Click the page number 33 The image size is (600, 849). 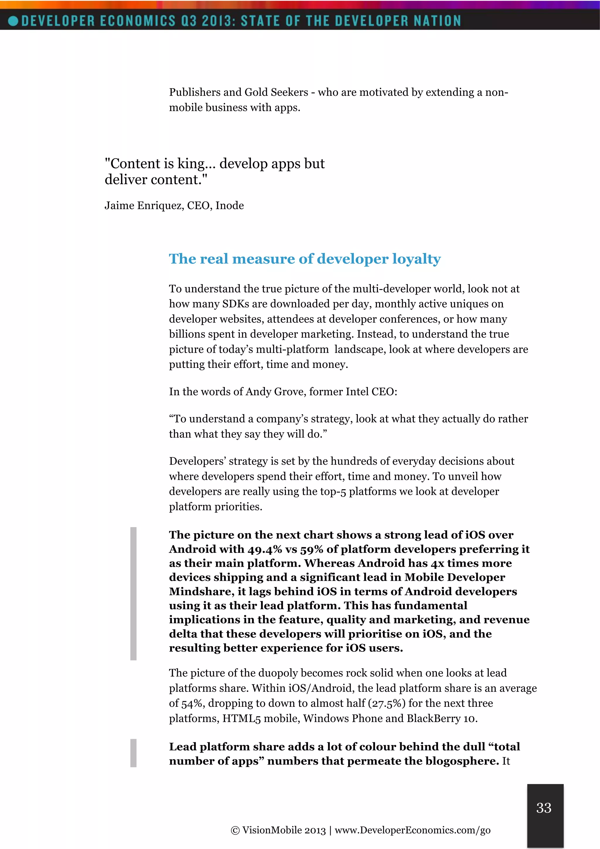click(543, 808)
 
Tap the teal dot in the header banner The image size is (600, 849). click(13, 21)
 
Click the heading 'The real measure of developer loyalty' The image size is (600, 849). click(305, 259)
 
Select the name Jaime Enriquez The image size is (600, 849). click(144, 206)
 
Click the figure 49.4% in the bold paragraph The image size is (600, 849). click(265, 549)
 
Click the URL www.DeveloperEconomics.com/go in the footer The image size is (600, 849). click(412, 830)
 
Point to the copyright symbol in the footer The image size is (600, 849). click(235, 831)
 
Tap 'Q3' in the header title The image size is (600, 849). click(189, 21)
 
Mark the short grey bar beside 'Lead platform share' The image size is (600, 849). click(133, 753)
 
